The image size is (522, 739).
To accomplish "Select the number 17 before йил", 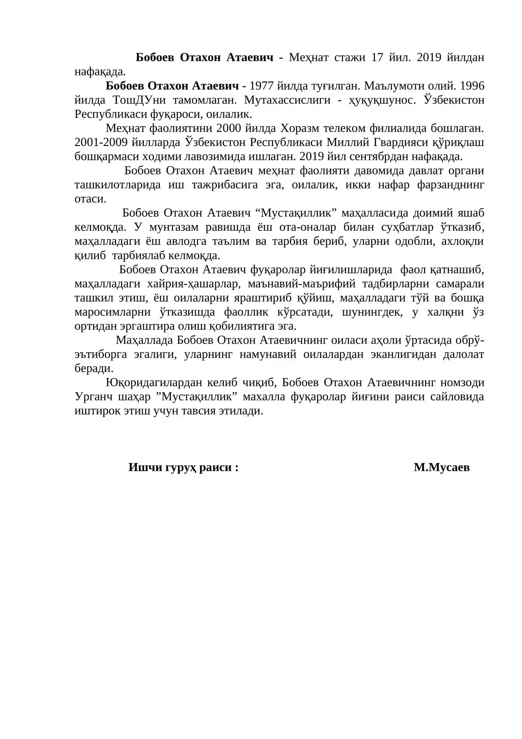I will coord(377,57).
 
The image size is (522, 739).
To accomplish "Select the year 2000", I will coord(229,128).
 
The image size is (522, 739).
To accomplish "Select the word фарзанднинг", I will coord(451,185).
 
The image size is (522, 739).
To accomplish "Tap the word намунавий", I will coord(268,354).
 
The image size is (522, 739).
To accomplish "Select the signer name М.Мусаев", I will coord(441,468).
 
